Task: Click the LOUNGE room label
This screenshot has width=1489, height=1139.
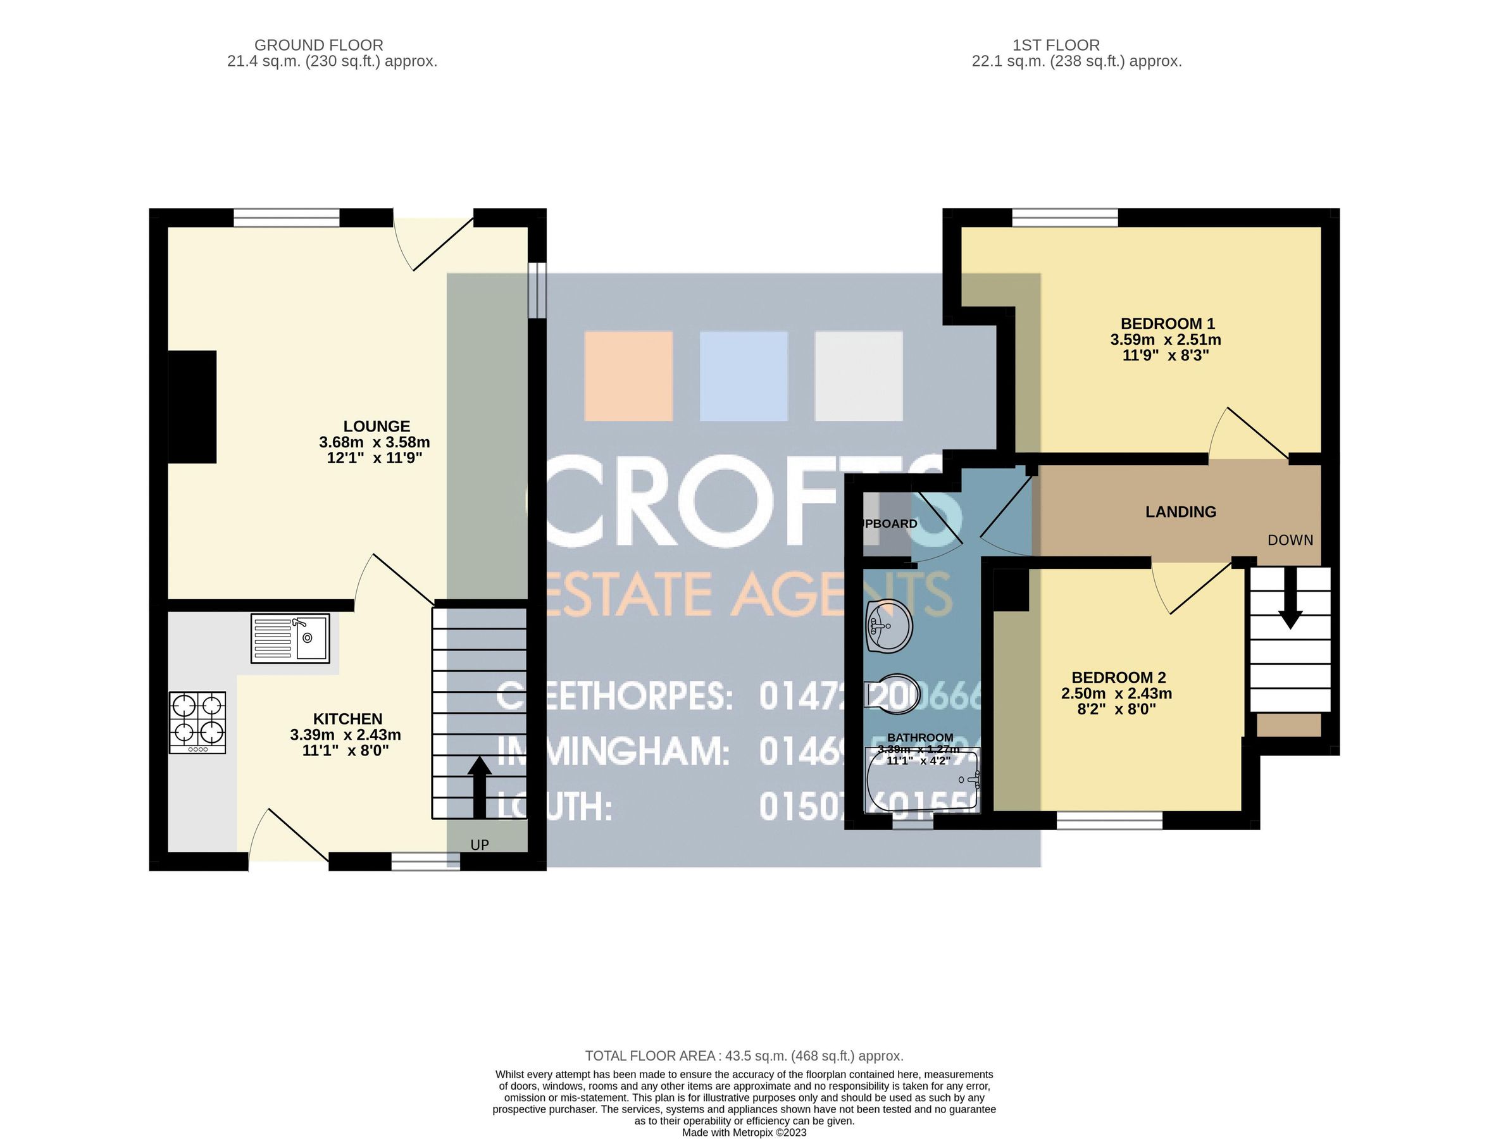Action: (377, 426)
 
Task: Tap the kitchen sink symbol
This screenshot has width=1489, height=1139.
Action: (290, 638)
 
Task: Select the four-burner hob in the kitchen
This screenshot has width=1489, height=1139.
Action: (197, 722)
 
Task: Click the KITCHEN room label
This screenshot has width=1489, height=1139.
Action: (347, 719)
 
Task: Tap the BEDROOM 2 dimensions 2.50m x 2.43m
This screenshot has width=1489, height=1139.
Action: (1116, 694)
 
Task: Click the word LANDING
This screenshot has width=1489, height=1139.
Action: (1180, 512)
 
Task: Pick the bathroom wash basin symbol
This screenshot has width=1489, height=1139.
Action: (889, 626)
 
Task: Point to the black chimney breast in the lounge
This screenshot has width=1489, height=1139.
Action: (192, 407)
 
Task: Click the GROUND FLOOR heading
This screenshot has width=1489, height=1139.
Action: (319, 45)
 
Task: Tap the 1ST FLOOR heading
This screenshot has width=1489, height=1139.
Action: (1056, 45)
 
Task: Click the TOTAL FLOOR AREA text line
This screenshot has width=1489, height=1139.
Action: (744, 1055)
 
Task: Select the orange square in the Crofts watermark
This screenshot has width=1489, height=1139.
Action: (628, 376)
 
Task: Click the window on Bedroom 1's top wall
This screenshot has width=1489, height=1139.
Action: (1064, 217)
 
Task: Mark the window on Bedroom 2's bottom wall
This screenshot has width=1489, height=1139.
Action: (1109, 821)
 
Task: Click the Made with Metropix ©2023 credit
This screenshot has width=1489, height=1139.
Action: (744, 1132)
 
